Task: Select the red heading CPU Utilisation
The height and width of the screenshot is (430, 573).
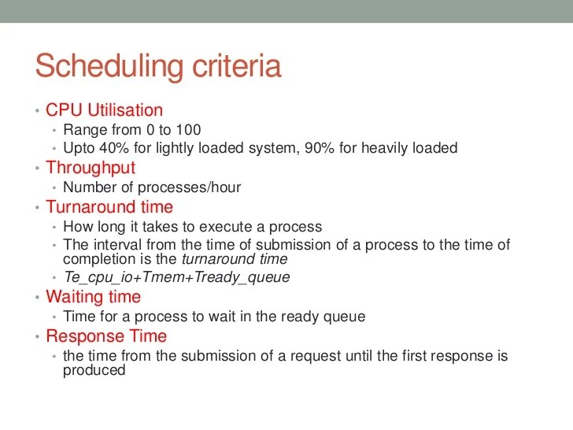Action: click(x=104, y=110)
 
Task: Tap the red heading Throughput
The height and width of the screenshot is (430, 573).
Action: click(x=91, y=168)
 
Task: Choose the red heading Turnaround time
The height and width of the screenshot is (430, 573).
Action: click(x=109, y=207)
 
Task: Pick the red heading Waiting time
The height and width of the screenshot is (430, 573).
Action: click(x=93, y=297)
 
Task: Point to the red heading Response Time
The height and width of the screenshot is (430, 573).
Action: click(x=106, y=336)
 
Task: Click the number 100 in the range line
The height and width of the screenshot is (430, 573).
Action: click(x=188, y=130)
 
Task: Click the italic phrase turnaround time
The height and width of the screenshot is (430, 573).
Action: click(x=235, y=259)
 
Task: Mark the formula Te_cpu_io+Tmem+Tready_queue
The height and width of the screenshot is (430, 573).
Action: click(x=176, y=277)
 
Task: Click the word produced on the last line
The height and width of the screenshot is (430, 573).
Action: click(x=94, y=369)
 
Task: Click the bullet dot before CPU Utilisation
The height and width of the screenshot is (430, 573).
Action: click(x=37, y=111)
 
